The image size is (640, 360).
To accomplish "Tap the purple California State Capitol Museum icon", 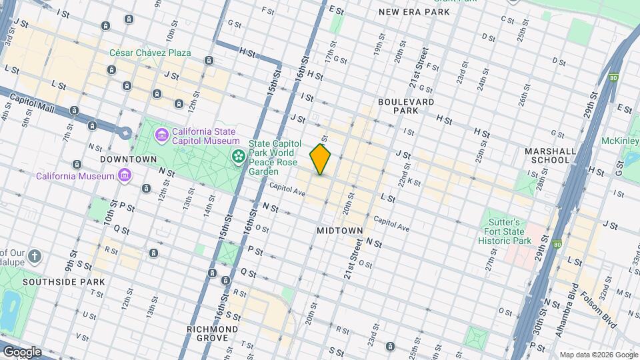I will (x=161, y=136).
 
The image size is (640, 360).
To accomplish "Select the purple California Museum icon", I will (x=124, y=176).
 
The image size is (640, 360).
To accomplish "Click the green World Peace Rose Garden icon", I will (x=237, y=156).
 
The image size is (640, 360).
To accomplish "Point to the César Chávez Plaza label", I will (x=151, y=53).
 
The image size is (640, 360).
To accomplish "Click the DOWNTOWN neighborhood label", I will (x=128, y=159).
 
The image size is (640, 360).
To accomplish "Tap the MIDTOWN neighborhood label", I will (x=340, y=231).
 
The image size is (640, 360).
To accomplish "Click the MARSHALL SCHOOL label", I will (x=550, y=155).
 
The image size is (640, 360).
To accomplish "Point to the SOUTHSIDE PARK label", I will (x=64, y=282).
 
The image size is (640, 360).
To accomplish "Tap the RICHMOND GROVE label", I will (x=213, y=333).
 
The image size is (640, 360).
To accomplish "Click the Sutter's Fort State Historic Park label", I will (x=508, y=231).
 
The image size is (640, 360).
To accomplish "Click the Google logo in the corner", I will (x=22, y=352).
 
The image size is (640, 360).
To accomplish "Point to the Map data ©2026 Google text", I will (x=598, y=355).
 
